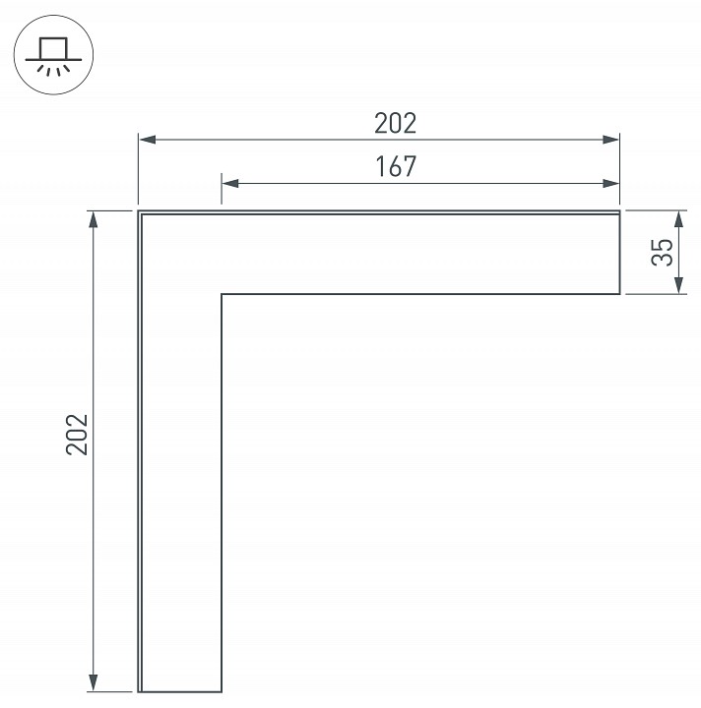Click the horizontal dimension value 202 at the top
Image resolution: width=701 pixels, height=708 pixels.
[396, 123]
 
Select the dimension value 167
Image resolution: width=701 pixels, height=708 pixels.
[396, 166]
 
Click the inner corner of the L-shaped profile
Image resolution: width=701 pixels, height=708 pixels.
[222, 293]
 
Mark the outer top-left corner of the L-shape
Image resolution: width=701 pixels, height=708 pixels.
[138, 211]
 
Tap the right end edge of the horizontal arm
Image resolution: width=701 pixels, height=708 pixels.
[619, 253]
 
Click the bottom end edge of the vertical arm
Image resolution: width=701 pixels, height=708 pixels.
[180, 691]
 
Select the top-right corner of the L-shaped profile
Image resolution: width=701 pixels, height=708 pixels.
[619, 211]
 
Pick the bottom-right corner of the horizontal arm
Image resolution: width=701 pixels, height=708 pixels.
[619, 293]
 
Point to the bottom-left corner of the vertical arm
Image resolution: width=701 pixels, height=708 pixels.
[138, 691]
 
